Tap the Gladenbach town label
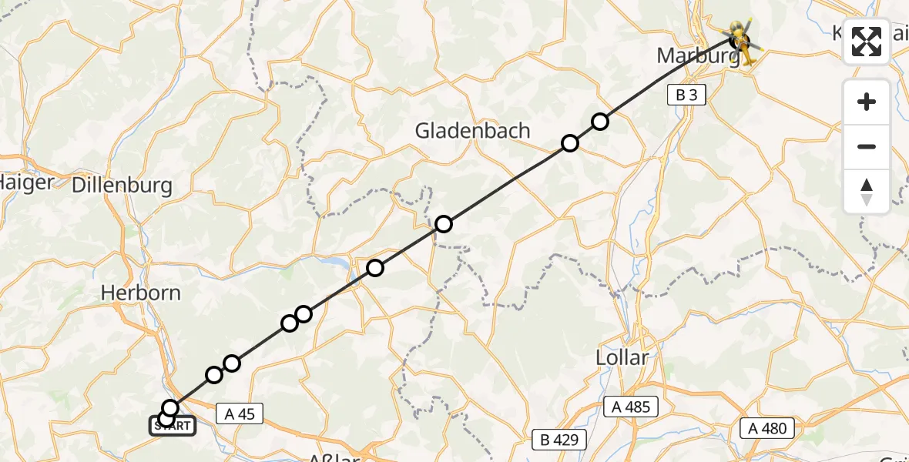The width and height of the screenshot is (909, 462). click(473, 131)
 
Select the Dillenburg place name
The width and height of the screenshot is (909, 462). click(122, 186)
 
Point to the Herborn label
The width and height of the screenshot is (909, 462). click(142, 293)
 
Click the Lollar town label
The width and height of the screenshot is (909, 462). click(622, 357)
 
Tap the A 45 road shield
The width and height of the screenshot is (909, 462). click(240, 413)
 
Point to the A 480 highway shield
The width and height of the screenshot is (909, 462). click(767, 428)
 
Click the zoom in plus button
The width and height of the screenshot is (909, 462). click(867, 102)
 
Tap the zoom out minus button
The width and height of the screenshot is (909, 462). click(867, 147)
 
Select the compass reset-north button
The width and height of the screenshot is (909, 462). click(867, 192)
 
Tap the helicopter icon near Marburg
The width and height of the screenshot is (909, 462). click(742, 41)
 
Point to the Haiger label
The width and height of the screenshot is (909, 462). click(28, 182)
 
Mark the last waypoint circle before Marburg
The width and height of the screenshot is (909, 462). click(599, 122)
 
